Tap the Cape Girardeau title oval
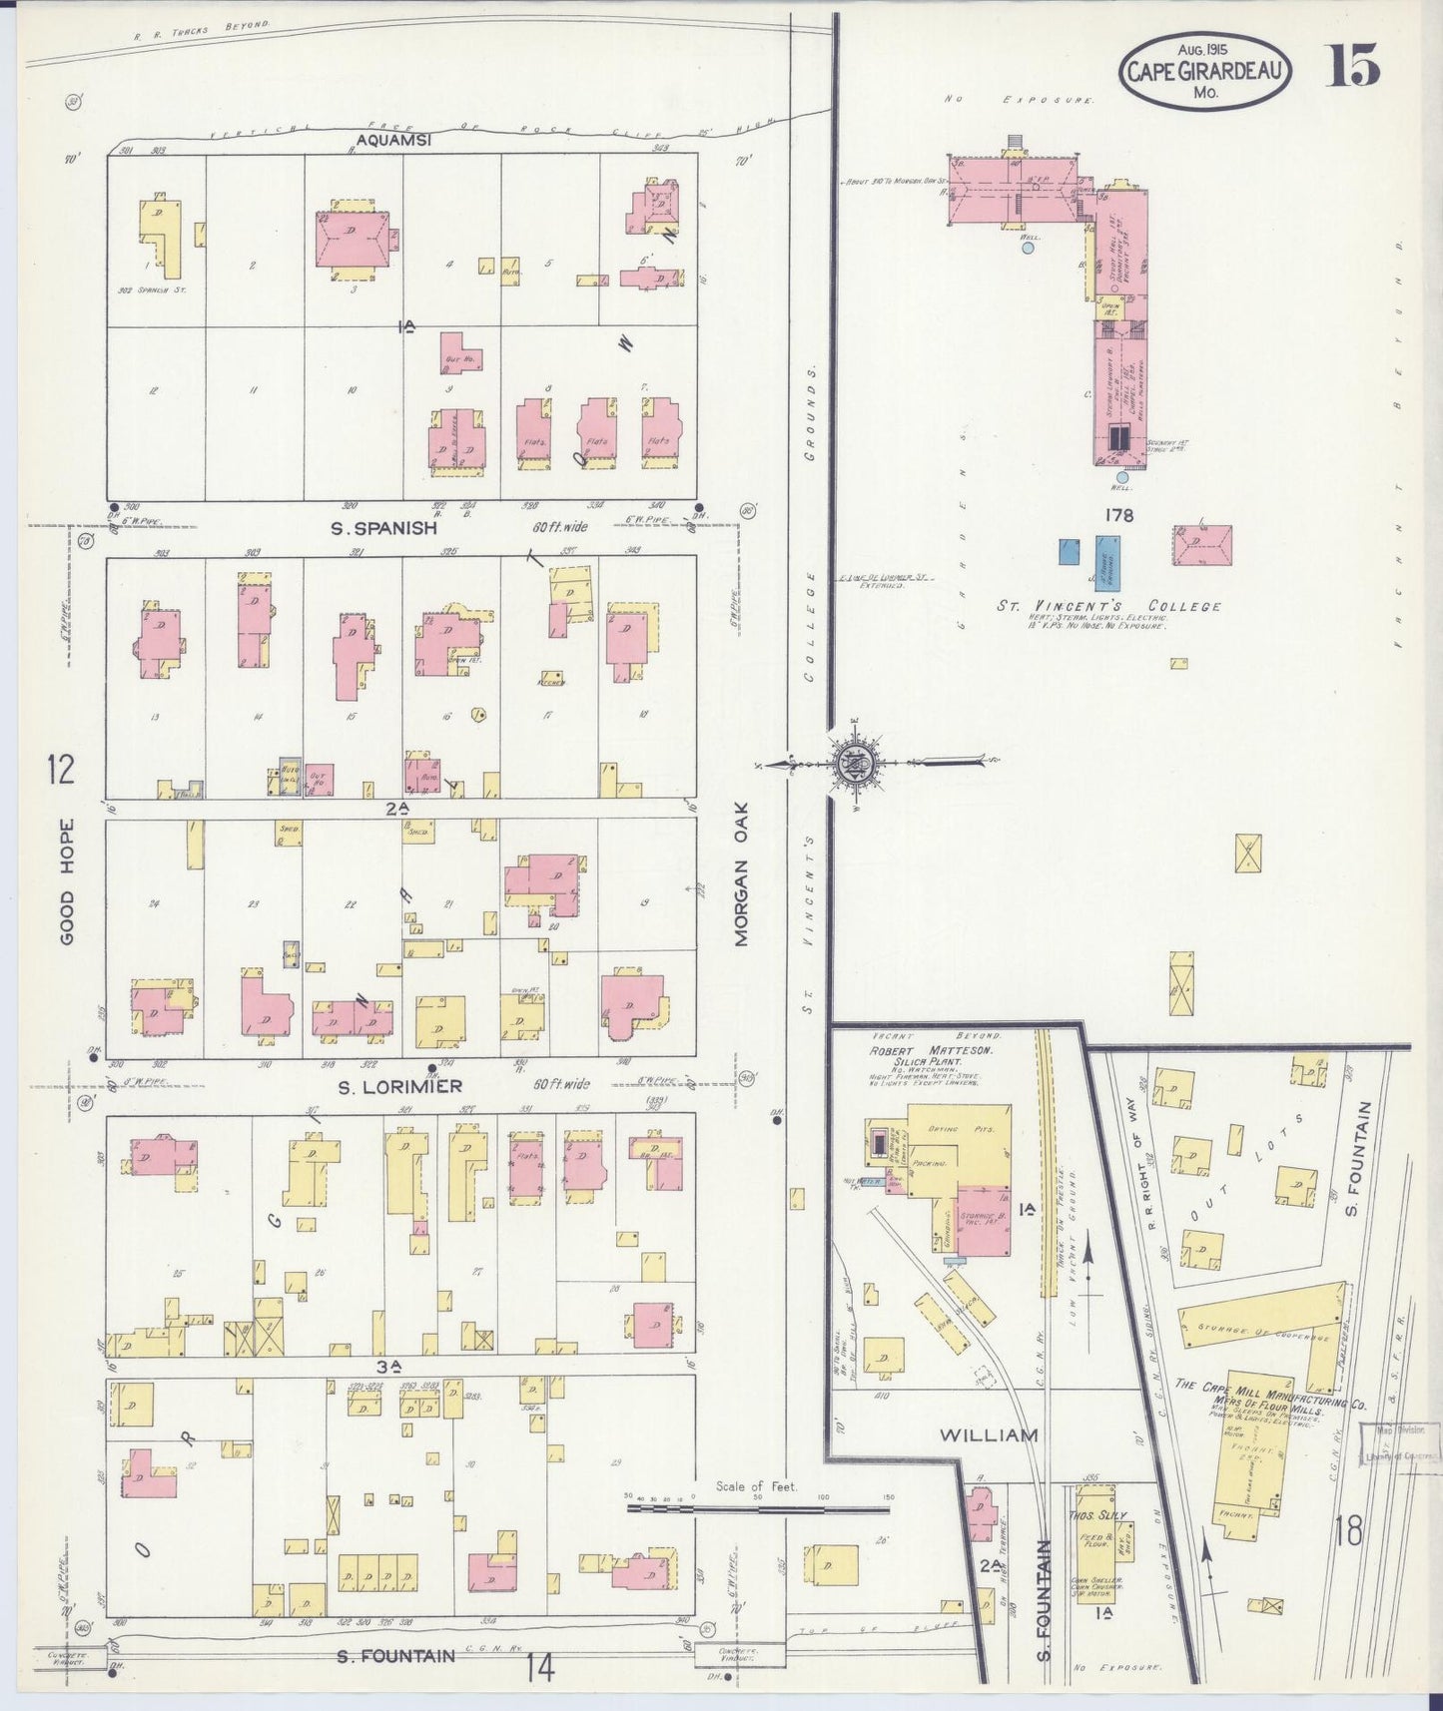point(1203,70)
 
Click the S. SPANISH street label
point(384,528)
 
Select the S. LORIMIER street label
point(398,1086)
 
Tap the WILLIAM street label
point(989,1434)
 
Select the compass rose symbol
point(856,763)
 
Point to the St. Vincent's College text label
point(1108,606)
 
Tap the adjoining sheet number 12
point(60,770)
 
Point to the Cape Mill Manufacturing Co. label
point(1262,1394)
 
